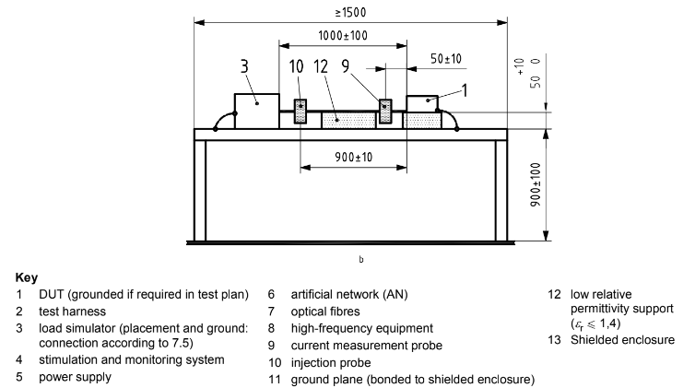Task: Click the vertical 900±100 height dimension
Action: pos(561,186)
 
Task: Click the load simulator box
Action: pos(257,111)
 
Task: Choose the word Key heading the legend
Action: pos(26,276)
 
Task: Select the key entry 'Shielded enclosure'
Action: pos(622,340)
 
